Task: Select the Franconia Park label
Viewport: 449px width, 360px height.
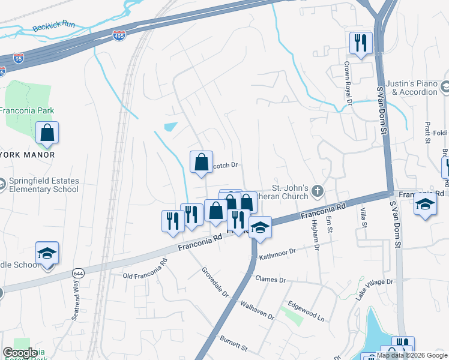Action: (x=26, y=110)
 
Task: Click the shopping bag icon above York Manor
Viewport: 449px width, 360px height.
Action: (x=47, y=133)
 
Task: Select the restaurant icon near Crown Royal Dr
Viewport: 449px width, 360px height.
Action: (x=361, y=43)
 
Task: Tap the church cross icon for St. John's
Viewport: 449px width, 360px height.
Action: (x=318, y=192)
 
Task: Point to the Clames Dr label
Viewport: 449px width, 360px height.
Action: (x=270, y=280)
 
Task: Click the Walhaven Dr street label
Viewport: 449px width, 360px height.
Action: (x=257, y=311)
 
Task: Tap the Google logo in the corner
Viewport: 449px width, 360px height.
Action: (x=20, y=353)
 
